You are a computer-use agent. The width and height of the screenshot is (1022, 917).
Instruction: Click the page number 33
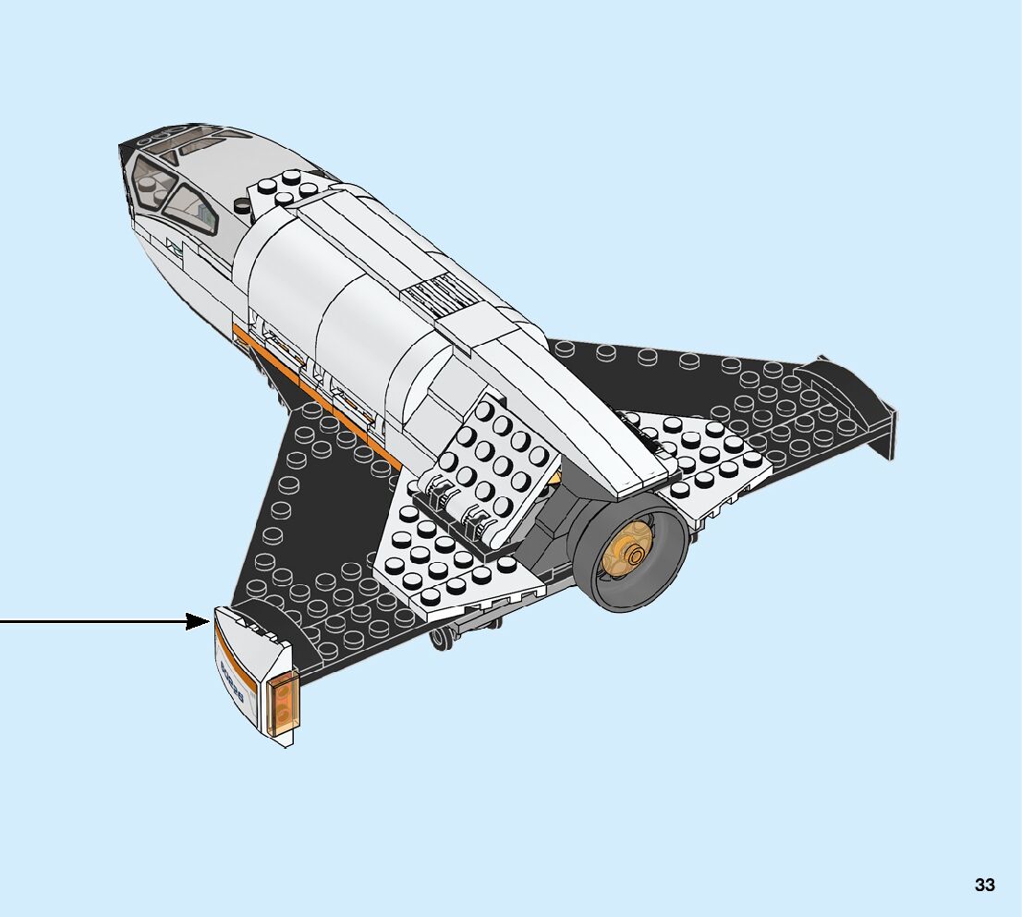(984, 885)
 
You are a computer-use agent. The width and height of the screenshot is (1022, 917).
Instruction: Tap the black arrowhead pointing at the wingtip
(199, 621)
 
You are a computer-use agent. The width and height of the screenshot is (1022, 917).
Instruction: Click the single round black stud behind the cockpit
(243, 207)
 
